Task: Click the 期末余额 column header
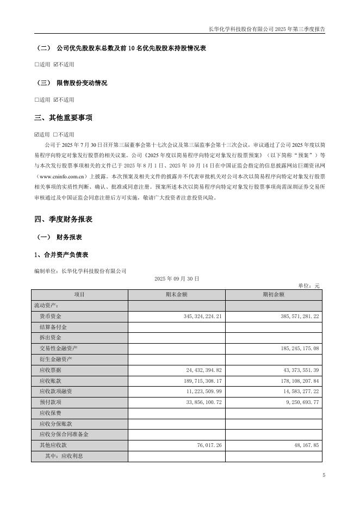[x=176, y=294]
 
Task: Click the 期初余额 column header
[x=274, y=294]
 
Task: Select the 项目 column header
[x=79, y=294]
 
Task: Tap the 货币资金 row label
[x=51, y=316]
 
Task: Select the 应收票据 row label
[x=51, y=370]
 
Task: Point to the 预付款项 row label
[x=51, y=402]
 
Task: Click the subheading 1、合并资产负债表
[x=61, y=254]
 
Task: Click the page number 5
[x=324, y=475]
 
